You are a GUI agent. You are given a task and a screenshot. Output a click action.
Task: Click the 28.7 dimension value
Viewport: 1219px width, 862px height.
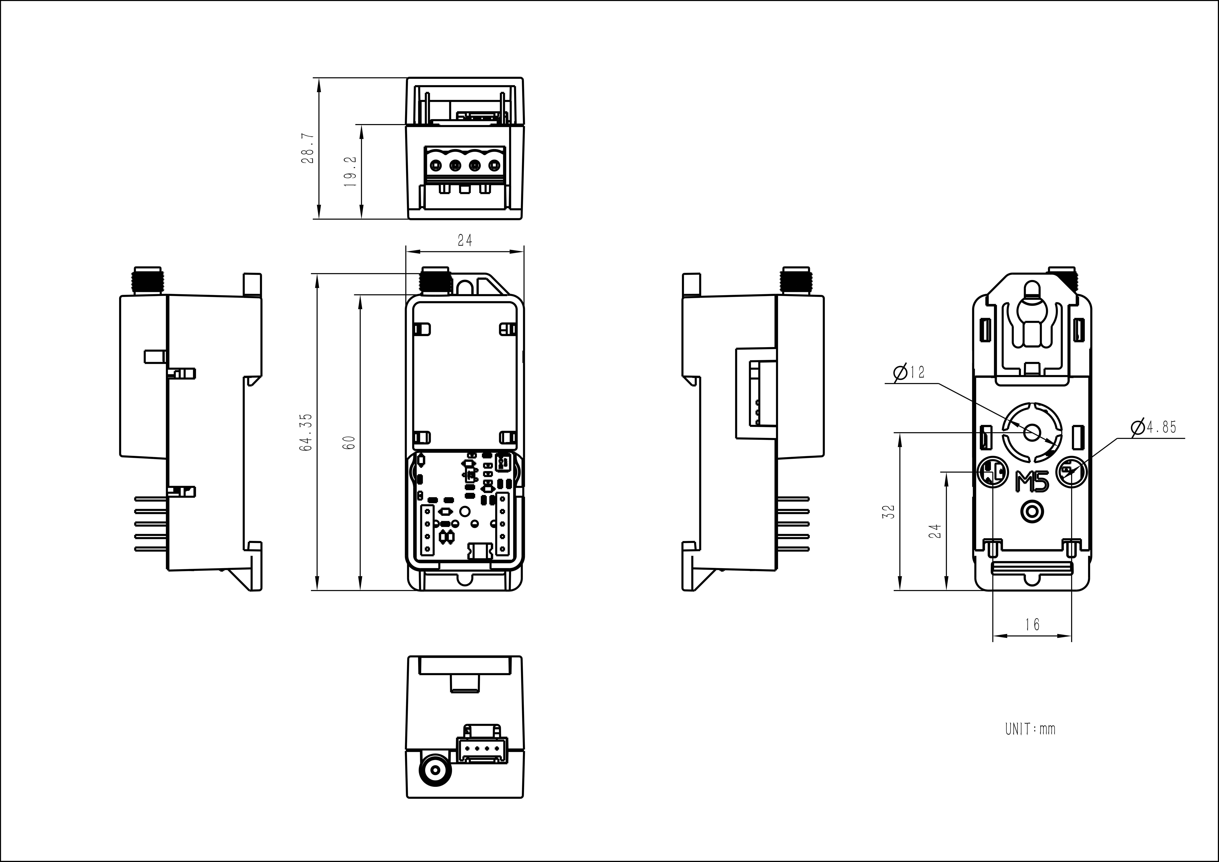pyautogui.click(x=308, y=148)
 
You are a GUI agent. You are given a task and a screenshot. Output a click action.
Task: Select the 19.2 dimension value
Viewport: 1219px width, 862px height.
pyautogui.click(x=350, y=171)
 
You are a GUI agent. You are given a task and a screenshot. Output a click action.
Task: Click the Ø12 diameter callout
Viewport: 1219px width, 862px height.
pyautogui.click(x=909, y=373)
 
